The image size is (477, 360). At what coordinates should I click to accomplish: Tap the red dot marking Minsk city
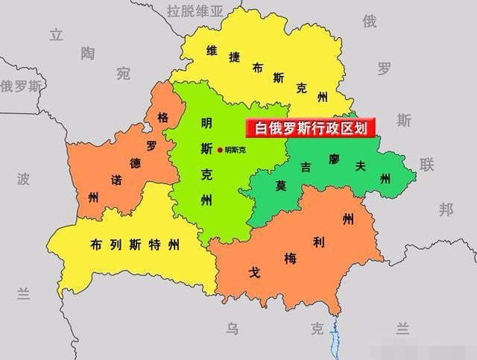pos(219,150)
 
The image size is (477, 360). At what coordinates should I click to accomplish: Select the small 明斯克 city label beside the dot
pos(235,150)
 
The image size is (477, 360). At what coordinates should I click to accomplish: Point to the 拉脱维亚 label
pos(195,10)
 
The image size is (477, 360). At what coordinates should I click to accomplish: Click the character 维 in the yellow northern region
pos(212,51)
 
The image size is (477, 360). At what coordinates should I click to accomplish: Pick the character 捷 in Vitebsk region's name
pos(234,59)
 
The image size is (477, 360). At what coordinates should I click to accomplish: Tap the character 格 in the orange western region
pos(162,118)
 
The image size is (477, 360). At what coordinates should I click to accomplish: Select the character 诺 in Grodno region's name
pos(117,180)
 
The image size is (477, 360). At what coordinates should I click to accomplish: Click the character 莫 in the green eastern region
pos(281,185)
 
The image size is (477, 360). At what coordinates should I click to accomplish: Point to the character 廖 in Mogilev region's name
pos(333,160)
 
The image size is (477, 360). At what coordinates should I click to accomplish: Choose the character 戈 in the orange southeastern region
pos(255,273)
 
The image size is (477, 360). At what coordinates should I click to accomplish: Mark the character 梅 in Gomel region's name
pos(290,259)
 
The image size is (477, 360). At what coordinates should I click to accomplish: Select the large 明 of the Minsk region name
pos(206,123)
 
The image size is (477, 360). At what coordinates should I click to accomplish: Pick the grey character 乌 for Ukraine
pos(233,328)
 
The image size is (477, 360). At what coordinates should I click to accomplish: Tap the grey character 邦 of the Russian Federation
pos(446,209)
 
